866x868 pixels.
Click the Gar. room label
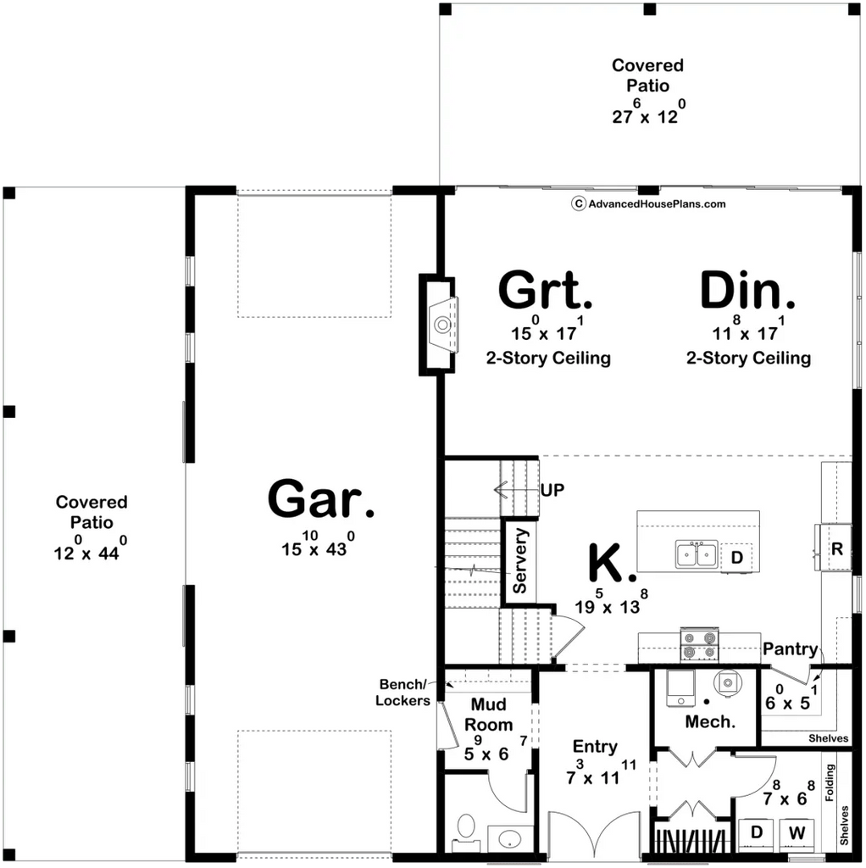[x=321, y=498]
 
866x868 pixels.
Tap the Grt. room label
[x=545, y=290]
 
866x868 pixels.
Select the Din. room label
[x=747, y=290]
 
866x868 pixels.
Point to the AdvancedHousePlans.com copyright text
[x=648, y=203]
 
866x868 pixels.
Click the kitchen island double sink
[x=697, y=554]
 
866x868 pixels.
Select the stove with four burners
[x=699, y=645]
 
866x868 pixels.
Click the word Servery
[x=520, y=560]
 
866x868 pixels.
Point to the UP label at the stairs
[x=552, y=490]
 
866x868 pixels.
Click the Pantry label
[x=791, y=648]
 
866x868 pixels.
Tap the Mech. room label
[x=710, y=721]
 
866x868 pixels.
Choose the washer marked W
[x=797, y=833]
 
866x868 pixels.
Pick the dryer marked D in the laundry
[x=757, y=833]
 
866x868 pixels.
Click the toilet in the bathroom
[x=467, y=832]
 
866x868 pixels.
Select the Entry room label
[x=595, y=746]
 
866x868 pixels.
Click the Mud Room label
[x=488, y=714]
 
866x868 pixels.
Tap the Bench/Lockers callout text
[x=402, y=692]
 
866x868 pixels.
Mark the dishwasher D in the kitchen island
[x=736, y=557]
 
